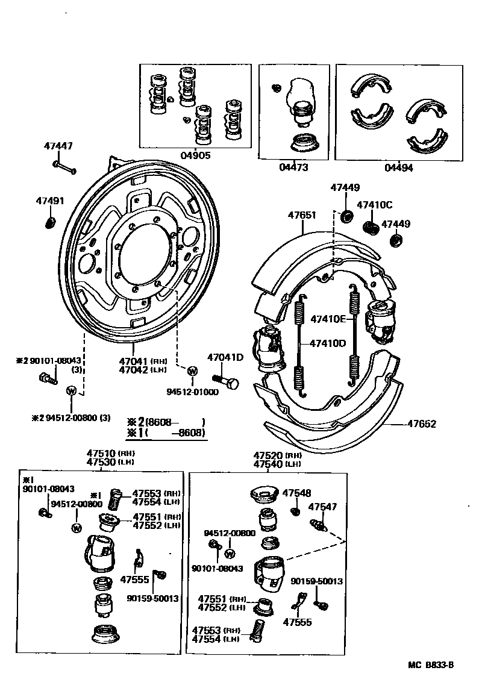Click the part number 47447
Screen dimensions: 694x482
58,146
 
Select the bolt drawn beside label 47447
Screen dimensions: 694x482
64,167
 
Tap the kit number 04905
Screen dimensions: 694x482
195,155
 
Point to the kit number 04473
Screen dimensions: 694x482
293,167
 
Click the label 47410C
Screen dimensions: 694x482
374,204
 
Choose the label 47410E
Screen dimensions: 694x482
328,319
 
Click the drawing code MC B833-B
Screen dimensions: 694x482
430,665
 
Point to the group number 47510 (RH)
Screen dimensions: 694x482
105,453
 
